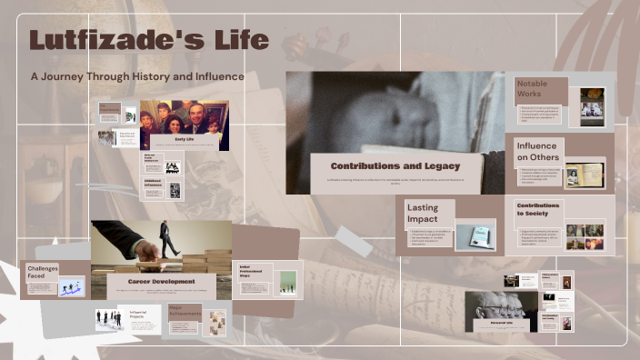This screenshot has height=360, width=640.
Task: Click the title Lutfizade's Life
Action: (x=148, y=41)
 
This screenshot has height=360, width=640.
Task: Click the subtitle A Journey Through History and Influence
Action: (x=137, y=77)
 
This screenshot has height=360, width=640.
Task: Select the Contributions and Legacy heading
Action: (x=395, y=166)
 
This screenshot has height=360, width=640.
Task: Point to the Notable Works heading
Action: (x=532, y=89)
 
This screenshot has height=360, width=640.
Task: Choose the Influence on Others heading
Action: (x=537, y=151)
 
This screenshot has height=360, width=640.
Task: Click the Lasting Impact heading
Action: (x=423, y=214)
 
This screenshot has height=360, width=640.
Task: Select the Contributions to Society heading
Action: (x=538, y=210)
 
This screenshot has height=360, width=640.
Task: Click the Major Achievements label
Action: (x=182, y=311)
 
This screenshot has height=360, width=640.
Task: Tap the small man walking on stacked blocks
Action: (x=168, y=238)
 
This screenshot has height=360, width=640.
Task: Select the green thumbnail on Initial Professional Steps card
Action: (x=287, y=282)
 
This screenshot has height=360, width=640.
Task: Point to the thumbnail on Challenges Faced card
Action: (x=71, y=286)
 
